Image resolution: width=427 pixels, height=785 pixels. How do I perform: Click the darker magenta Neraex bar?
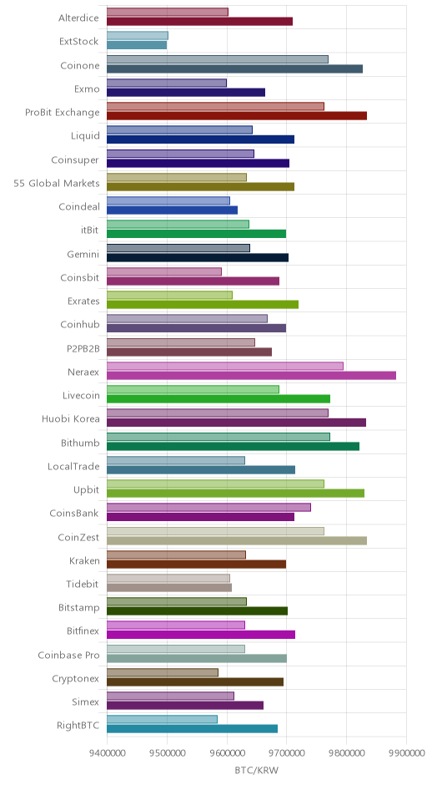(252, 376)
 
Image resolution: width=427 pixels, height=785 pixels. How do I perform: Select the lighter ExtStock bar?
(138, 36)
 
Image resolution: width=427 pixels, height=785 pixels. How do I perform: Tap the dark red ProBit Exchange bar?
(237, 115)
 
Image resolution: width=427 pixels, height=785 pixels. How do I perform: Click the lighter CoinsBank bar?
(209, 507)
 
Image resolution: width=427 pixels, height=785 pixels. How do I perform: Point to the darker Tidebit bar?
(169, 588)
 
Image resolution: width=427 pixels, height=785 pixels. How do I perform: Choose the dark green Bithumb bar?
(233, 446)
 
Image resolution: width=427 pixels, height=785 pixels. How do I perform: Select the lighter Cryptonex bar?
(163, 672)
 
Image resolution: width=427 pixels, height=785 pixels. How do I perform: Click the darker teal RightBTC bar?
(193, 729)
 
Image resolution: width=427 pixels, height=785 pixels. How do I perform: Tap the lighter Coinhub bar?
(187, 318)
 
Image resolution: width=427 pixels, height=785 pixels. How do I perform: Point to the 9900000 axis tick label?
(406, 752)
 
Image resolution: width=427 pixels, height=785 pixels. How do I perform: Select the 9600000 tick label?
(227, 752)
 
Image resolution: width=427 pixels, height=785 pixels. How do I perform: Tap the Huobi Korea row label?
(71, 419)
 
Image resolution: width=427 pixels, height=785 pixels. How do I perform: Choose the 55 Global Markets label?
(57, 183)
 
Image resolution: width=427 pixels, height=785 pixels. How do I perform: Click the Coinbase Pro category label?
(69, 655)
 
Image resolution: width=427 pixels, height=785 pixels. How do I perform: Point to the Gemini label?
(83, 255)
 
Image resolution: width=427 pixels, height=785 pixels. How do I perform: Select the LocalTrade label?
(74, 466)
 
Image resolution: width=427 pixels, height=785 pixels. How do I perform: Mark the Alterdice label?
(79, 18)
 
